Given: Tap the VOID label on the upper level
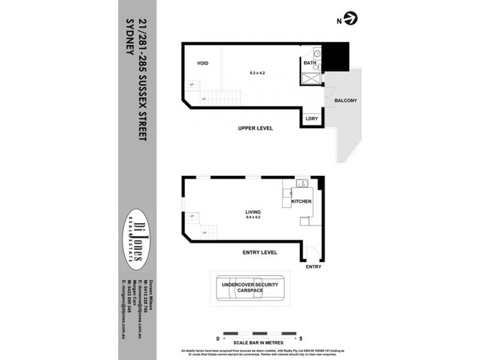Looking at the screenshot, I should pos(202,63).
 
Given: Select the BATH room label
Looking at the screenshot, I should pos(310,62).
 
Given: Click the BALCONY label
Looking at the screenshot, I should pos(346,100).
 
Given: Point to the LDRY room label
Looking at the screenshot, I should pos(311,118).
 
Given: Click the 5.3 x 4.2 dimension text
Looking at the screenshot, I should pos(257,73).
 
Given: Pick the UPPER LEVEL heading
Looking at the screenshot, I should pos(256,128).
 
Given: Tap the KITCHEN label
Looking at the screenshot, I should pos(301,202).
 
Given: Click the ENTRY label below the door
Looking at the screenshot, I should pos(313,266).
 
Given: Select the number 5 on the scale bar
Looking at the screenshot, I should pos(308,338).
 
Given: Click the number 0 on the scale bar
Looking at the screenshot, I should pos(217,338).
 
